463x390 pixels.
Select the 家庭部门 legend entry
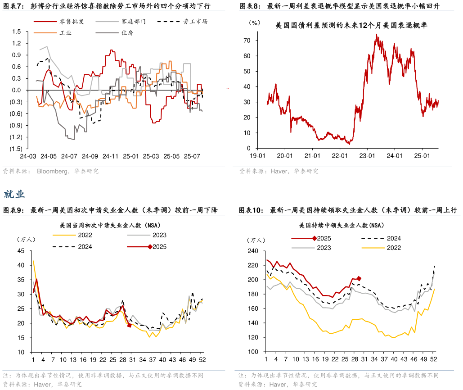pyautogui.click(x=133, y=21)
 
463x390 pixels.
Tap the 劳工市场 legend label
pyautogui.click(x=195, y=21)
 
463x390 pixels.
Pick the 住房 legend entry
pyautogui.click(x=127, y=33)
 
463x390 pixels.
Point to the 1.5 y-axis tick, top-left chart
pyautogui.click(x=17, y=32)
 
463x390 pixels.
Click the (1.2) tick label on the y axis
pyautogui.click(x=15, y=137)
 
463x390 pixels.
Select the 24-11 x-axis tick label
pyautogui.click(x=111, y=156)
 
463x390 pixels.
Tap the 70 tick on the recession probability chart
pyautogui.click(x=247, y=40)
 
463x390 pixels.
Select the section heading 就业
pyautogui.click(x=14, y=194)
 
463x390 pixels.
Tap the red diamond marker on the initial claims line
pyautogui.click(x=130, y=325)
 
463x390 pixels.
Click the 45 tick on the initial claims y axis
pyautogui.click(x=21, y=251)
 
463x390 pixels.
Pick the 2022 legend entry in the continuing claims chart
pyautogui.click(x=393, y=248)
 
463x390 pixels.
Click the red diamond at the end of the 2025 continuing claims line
pyautogui.click(x=359, y=278)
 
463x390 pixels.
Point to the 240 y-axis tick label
pyautogui.click(x=252, y=251)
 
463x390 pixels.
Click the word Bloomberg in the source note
pyautogui.click(x=52, y=171)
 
